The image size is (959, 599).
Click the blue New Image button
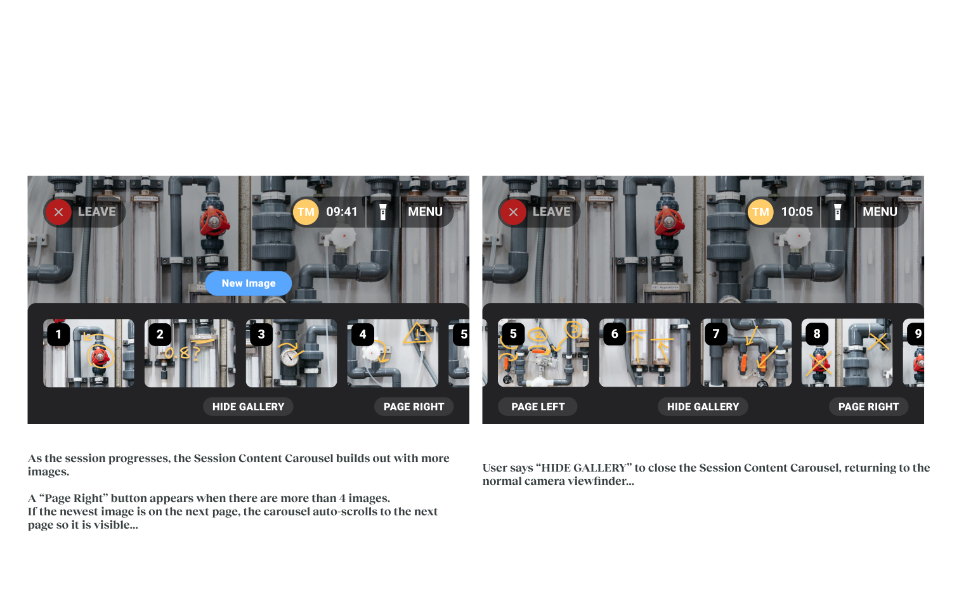click(249, 283)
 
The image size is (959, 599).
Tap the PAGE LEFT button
click(538, 406)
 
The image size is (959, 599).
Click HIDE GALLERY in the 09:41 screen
click(249, 406)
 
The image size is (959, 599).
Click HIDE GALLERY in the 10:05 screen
click(703, 406)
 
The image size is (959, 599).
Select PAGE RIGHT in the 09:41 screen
click(414, 406)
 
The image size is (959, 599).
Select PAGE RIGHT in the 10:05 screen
click(868, 406)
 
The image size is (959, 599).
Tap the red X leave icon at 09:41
click(58, 212)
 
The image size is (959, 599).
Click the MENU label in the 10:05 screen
click(880, 212)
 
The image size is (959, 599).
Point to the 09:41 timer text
click(342, 212)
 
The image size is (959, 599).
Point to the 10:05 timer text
click(797, 212)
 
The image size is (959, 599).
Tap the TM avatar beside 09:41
click(306, 212)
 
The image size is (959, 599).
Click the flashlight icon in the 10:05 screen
click(837, 212)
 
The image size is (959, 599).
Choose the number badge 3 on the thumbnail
click(261, 334)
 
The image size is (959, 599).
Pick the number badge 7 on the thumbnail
click(716, 333)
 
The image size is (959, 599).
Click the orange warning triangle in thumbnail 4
click(417, 334)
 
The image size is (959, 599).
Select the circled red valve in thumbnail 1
click(101, 356)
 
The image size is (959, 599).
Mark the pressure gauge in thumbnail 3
click(290, 356)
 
